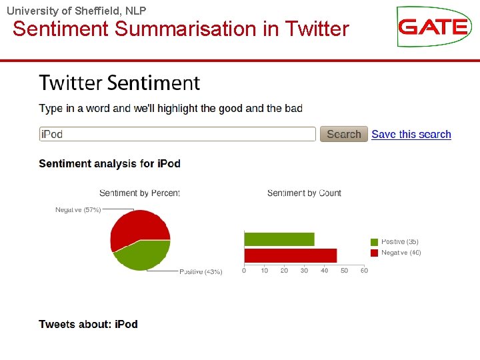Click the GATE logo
click(433, 27)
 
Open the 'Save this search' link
click(411, 134)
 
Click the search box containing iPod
click(177, 134)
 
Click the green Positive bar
click(279, 239)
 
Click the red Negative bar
click(290, 255)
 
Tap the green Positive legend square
click(375, 242)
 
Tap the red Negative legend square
click(375, 253)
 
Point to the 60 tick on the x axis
click(364, 271)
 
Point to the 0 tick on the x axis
click(244, 271)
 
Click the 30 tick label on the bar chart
click(304, 271)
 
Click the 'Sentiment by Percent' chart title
click(139, 193)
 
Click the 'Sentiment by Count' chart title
click(304, 193)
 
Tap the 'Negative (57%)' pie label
click(78, 210)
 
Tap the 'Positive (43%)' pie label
click(201, 272)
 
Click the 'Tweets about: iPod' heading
click(88, 324)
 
